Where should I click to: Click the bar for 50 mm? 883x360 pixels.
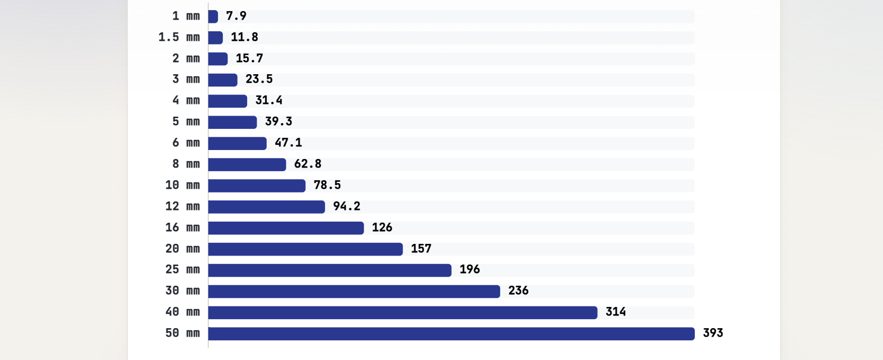451,333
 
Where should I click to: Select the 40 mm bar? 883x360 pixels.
403,313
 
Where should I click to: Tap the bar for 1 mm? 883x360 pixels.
213,16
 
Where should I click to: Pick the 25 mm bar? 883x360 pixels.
329,270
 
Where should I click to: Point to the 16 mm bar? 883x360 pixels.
286,228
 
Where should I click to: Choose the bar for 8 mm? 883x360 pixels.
247,164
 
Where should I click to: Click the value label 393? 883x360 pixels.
713,333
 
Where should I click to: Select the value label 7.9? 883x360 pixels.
236,16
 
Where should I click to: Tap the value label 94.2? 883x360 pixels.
346,206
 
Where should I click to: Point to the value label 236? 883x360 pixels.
518,291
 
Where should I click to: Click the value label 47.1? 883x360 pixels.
288,143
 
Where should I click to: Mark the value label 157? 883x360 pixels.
421,249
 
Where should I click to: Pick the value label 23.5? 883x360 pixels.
259,79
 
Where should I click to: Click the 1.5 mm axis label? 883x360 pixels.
179,38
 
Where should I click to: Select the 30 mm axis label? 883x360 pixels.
182,291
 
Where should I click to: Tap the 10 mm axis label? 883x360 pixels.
182,186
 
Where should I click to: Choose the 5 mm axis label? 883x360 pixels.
186,122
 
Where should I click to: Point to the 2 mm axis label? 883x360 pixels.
186,59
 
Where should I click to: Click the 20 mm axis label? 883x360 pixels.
182,249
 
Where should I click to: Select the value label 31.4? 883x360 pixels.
269,101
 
